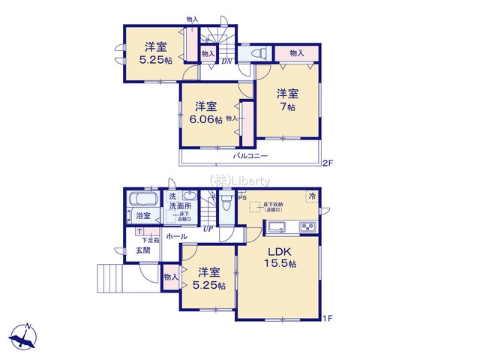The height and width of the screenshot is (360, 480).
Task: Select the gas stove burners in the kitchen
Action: click(x=307, y=227)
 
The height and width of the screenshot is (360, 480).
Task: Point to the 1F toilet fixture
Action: click(x=223, y=205)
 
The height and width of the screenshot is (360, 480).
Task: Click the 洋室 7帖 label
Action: click(x=287, y=100)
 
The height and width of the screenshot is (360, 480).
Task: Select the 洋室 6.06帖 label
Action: click(x=205, y=112)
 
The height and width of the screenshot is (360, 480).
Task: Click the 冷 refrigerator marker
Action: click(x=311, y=196)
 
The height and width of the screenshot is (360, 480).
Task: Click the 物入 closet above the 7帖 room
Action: click(x=297, y=52)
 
